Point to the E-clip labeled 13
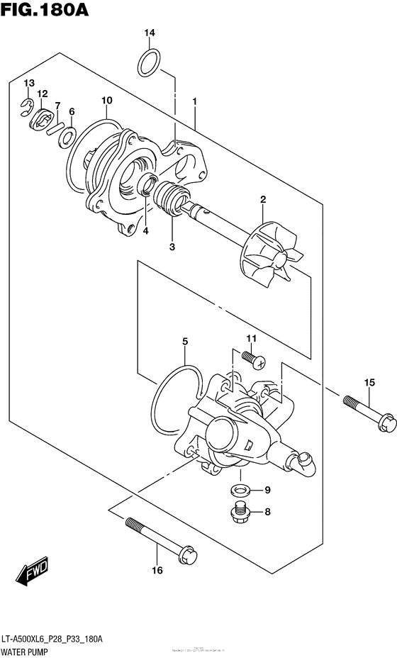pyautogui.click(x=26, y=107)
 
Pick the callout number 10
pyautogui.click(x=106, y=101)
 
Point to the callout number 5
pyautogui.click(x=185, y=342)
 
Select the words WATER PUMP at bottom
pyautogui.click(x=31, y=649)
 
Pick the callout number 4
pyautogui.click(x=145, y=230)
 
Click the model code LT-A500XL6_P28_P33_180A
pyautogui.click(x=62, y=638)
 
